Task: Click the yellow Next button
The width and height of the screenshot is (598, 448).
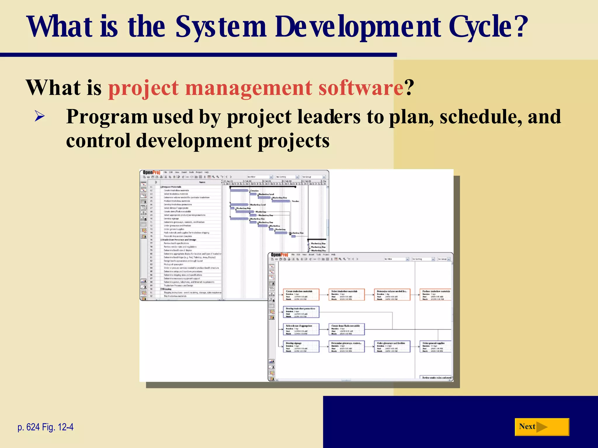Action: [541, 427]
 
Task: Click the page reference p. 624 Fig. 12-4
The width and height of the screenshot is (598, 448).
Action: [46, 427]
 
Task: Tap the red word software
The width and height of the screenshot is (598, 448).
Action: [361, 88]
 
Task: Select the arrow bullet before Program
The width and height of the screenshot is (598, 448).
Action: [39, 116]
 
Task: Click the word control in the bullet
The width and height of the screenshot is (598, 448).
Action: [98, 141]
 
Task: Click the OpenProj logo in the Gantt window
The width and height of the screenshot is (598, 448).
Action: [152, 172]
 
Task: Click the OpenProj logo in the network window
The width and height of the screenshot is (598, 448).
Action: [279, 255]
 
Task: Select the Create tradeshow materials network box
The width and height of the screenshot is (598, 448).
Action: [301, 295]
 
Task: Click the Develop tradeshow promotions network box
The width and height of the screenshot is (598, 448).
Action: [301, 312]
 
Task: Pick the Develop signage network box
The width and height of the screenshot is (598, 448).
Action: [301, 346]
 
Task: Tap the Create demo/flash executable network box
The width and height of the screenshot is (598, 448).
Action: [347, 329]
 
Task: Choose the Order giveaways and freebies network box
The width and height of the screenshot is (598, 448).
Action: [392, 346]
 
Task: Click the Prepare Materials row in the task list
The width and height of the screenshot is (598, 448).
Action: [172, 187]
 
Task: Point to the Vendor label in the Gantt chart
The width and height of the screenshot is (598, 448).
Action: [295, 201]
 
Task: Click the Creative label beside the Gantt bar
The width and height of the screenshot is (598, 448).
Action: [254, 190]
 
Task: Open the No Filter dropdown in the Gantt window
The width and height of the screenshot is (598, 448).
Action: [260, 177]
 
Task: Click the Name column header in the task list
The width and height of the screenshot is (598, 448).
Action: [202, 182]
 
